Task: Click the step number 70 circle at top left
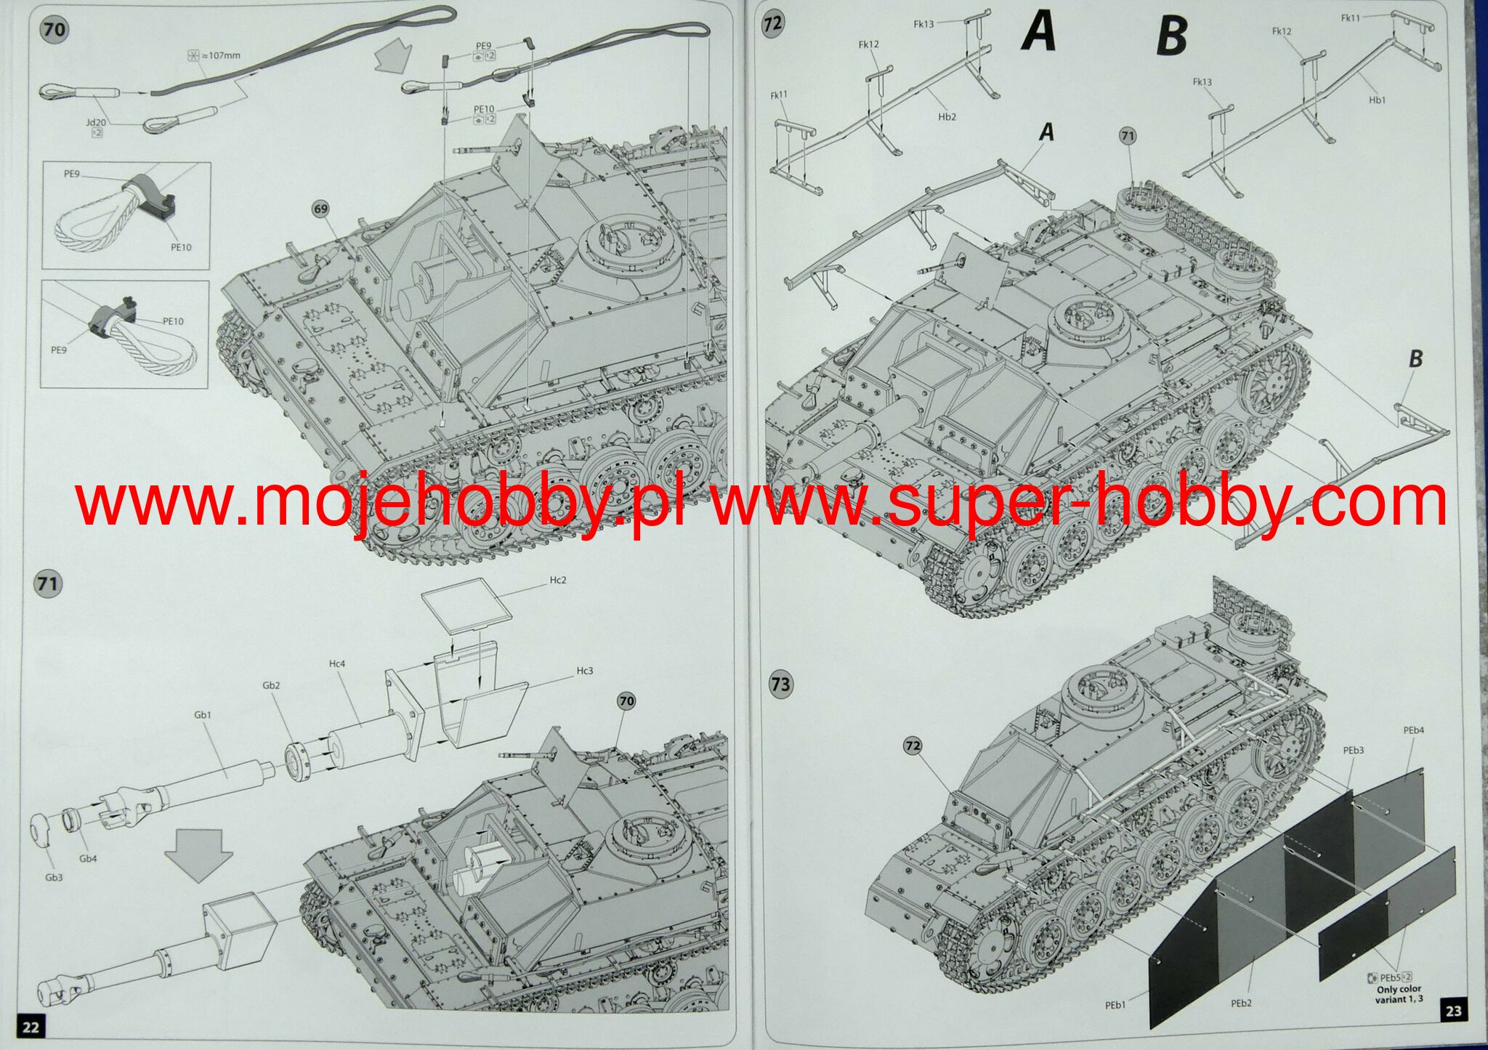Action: (54, 30)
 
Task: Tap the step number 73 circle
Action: (780, 684)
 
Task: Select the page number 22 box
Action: (31, 1026)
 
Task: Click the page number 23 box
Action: (1453, 1011)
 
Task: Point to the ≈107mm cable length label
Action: (215, 55)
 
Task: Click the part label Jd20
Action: (95, 122)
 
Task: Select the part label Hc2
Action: (557, 580)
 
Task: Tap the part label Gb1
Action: (203, 715)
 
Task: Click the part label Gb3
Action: (54, 877)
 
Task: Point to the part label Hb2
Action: (947, 117)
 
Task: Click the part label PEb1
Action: (1116, 1005)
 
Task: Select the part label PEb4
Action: (1413, 730)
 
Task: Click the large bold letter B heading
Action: (1172, 35)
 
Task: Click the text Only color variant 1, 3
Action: (1399, 994)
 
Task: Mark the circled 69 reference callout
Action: (320, 209)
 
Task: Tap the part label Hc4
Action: (337, 663)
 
